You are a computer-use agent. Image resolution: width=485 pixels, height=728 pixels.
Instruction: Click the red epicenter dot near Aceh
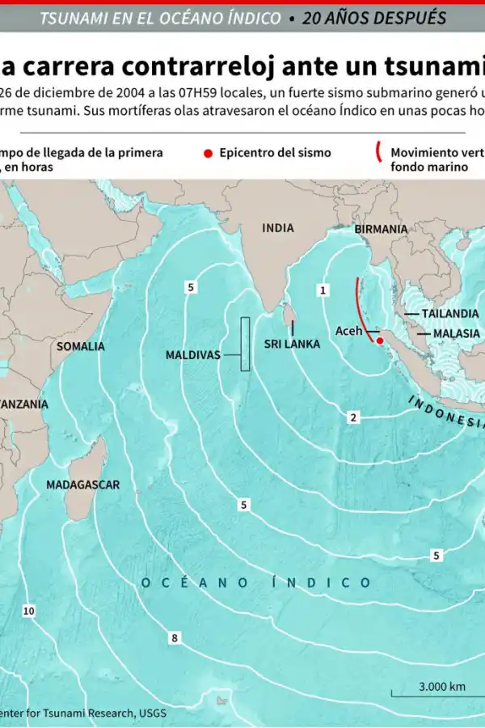[x=379, y=341]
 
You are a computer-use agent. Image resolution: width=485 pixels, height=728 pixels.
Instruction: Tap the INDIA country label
[x=278, y=228]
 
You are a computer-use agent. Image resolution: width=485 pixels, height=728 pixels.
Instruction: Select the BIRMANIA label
[x=381, y=229]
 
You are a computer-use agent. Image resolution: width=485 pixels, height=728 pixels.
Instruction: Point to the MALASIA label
[x=456, y=333]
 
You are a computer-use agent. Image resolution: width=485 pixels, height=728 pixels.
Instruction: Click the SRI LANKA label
[x=292, y=344]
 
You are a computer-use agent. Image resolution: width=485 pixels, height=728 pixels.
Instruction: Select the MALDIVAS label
[x=193, y=354]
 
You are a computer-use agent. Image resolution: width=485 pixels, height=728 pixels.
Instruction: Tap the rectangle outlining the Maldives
[x=245, y=345]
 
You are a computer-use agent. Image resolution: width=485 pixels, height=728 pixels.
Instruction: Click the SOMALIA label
[x=80, y=346]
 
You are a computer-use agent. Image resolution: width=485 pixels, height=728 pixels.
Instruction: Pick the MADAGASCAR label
[x=82, y=485]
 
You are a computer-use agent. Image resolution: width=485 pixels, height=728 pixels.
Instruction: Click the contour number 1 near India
[x=323, y=289]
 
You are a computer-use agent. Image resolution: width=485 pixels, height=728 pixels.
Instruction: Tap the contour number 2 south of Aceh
[x=353, y=417]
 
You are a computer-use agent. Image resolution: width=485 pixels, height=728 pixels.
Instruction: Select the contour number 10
[x=28, y=611]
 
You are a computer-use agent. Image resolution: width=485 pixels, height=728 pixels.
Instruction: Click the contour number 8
[x=174, y=639]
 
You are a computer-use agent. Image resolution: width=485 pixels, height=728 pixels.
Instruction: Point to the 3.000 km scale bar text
[x=441, y=686]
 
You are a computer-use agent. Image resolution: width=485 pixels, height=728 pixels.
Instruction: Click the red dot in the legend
[x=208, y=152]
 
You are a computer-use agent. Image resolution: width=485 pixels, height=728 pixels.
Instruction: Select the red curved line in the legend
[x=377, y=153]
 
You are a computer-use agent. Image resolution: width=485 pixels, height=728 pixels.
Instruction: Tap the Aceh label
[x=349, y=331]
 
